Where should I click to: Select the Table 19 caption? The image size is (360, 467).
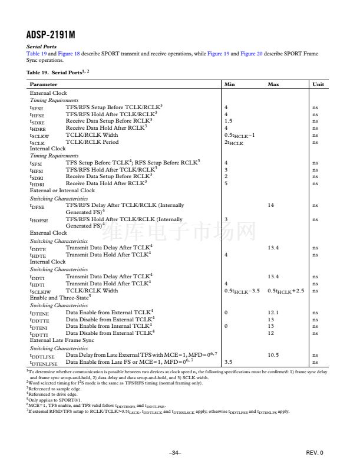point(58,72)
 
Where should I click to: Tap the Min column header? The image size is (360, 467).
point(229,85)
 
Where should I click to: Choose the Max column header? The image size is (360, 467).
point(273,85)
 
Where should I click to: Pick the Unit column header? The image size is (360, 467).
point(318,85)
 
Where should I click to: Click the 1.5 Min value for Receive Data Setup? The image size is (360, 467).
point(229,121)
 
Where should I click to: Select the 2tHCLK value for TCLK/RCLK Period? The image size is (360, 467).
point(233,143)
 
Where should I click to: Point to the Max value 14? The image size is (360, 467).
point(271,205)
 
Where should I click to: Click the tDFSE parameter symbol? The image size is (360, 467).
point(37,206)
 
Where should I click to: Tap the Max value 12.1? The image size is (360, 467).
point(273,312)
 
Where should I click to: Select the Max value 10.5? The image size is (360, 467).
point(273,355)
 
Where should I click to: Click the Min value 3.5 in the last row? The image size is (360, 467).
point(229,362)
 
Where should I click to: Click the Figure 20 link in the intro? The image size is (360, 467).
point(252,54)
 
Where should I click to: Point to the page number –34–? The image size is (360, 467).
point(174,452)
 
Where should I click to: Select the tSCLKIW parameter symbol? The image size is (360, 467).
point(40,292)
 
